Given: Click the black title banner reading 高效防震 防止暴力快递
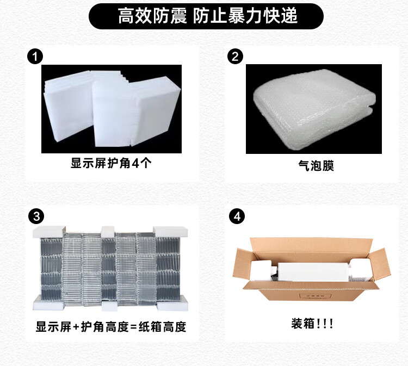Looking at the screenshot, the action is point(206,16).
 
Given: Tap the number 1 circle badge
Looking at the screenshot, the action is point(35,57).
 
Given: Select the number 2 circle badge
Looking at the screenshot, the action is point(235,57).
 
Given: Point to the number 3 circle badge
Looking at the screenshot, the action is point(36,216).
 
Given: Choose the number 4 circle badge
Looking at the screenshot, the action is point(237,216).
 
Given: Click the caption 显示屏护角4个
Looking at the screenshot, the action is point(111,163).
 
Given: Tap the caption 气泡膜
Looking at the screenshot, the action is point(316,165).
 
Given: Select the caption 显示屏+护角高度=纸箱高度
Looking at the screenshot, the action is point(111,327).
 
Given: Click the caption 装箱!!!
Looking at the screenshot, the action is point(312,324).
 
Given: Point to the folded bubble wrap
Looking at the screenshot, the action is point(314,109).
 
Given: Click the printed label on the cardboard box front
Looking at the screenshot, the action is point(316,296).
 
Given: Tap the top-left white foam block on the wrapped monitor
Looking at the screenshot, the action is point(49,232).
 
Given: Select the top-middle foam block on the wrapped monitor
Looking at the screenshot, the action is point(108,232).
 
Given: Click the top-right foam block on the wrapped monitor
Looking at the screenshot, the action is point(170,232).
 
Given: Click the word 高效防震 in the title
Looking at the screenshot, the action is point(152,16).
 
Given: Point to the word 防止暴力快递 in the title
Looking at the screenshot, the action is point(245,16).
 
